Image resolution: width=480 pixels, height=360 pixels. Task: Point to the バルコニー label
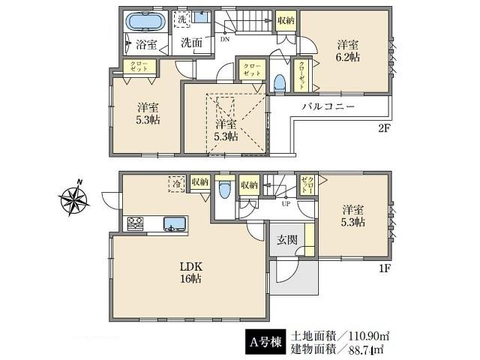click(x=328, y=106)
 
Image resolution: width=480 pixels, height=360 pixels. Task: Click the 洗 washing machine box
click(x=182, y=19)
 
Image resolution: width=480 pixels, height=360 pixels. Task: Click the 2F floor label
click(x=385, y=128)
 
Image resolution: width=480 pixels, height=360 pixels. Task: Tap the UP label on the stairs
click(x=286, y=202)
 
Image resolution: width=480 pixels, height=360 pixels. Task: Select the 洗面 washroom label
click(x=192, y=43)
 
